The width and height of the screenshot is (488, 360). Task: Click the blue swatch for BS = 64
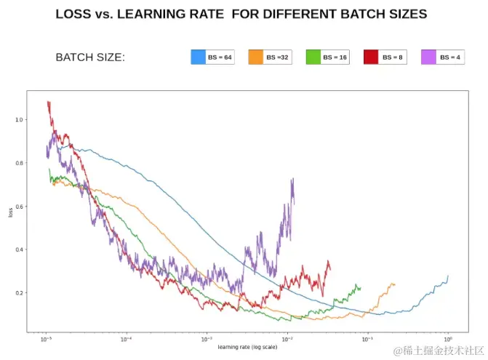coord(199,57)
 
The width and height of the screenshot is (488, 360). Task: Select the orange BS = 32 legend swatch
coord(256,57)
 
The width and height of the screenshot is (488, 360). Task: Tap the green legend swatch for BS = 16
coord(313,57)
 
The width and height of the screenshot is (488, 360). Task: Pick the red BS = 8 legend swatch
coord(371,57)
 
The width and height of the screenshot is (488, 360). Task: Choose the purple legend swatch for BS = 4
coord(428,57)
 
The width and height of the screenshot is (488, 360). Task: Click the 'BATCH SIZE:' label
coord(90,57)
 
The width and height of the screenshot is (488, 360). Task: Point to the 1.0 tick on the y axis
coord(19,120)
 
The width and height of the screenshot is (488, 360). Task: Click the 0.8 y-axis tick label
coord(19,163)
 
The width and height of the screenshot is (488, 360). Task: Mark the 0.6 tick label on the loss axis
coord(19,207)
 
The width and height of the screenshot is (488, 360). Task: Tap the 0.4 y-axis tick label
coord(19,249)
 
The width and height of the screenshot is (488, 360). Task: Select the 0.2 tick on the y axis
coord(19,293)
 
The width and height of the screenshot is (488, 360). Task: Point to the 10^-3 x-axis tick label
coord(207,340)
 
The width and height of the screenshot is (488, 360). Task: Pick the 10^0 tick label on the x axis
coord(448,340)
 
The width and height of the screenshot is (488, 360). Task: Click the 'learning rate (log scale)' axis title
coord(247,347)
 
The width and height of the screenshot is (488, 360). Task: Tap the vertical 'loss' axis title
coord(9,212)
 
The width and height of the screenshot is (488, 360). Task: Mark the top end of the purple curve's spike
coord(292,179)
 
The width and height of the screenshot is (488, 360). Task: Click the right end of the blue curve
coord(448,276)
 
